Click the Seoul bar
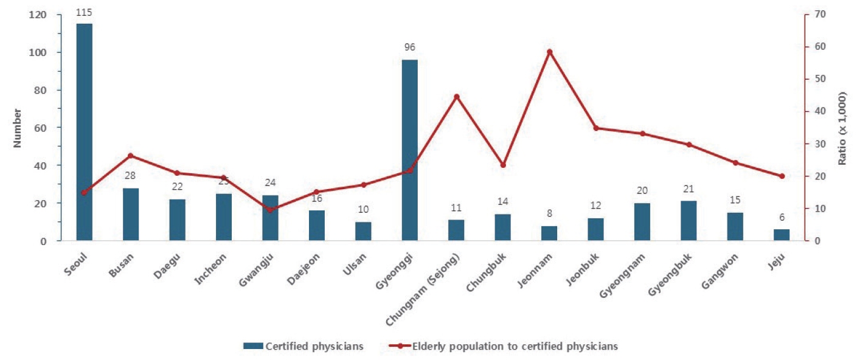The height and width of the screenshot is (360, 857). click(85, 132)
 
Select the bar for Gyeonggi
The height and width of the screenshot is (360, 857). click(410, 150)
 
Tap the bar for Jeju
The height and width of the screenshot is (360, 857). click(782, 235)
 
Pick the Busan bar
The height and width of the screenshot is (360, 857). click(131, 214)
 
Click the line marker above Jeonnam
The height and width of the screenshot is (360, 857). click(550, 52)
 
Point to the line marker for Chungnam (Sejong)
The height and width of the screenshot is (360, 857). click(457, 97)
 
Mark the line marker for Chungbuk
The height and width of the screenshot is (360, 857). click(503, 165)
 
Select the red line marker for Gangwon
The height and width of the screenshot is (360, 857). click(735, 162)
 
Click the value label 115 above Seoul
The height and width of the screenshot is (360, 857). click(85, 12)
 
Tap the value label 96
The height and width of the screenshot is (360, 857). click(410, 47)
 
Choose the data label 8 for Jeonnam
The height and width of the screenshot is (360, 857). click(550, 214)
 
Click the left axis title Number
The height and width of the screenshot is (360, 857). click(18, 128)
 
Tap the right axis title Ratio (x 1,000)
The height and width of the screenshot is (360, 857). click(842, 128)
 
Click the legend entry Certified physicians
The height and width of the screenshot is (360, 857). click(314, 346)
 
